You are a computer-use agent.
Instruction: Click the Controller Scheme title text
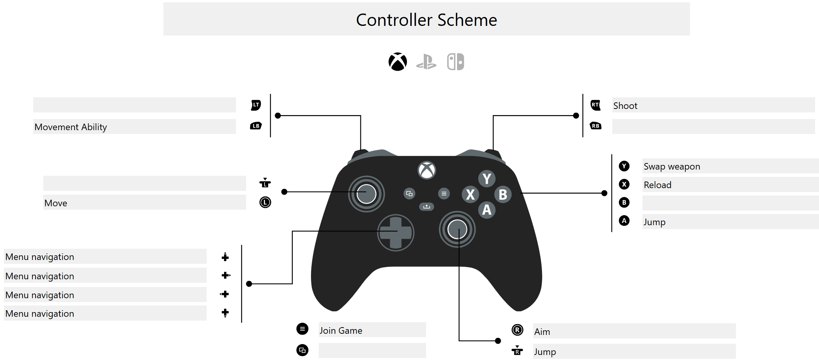click(x=426, y=20)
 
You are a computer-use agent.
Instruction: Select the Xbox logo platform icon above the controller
click(x=398, y=62)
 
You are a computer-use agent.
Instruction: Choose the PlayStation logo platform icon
click(x=426, y=62)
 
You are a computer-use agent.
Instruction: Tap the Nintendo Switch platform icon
click(x=455, y=62)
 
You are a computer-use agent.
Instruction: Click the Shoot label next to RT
click(x=625, y=106)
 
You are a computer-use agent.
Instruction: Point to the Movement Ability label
click(x=71, y=127)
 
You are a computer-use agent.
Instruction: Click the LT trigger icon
click(x=256, y=105)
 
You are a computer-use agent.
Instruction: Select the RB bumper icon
click(x=596, y=126)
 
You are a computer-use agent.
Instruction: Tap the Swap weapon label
click(x=671, y=166)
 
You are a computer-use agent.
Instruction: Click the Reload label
click(x=657, y=185)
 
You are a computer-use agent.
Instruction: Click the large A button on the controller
click(x=487, y=210)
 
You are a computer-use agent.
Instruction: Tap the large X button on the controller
click(x=470, y=194)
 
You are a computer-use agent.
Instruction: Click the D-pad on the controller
click(x=396, y=233)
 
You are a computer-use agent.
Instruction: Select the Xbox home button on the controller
click(x=426, y=170)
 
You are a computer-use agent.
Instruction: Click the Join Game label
click(x=341, y=331)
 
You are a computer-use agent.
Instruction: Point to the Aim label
click(x=542, y=332)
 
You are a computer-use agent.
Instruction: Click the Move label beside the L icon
click(x=56, y=203)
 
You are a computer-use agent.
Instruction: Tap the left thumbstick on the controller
click(x=366, y=194)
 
